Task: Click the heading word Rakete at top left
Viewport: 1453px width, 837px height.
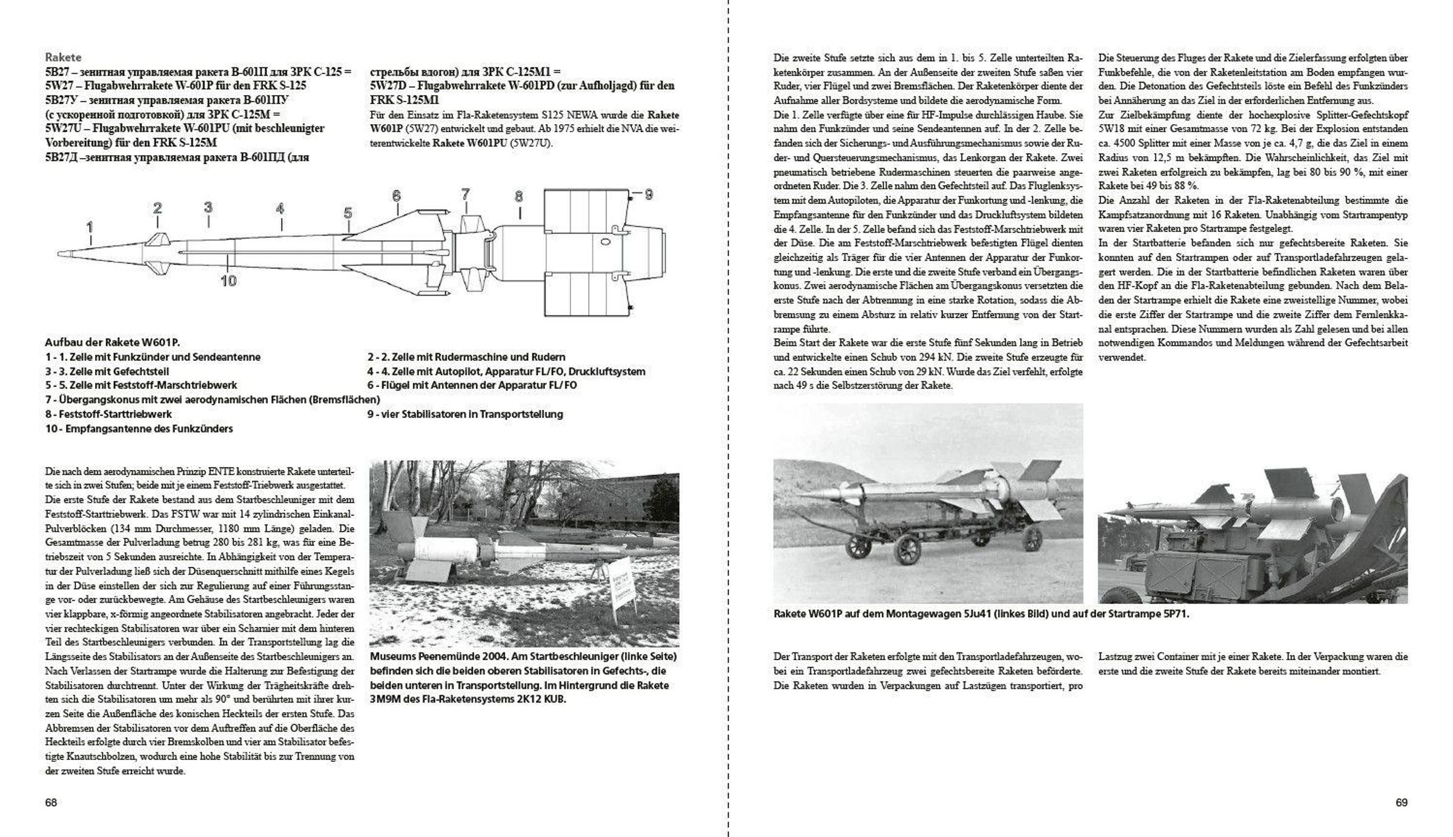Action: pos(63,58)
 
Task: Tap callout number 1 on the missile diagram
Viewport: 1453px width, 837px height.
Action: pos(90,228)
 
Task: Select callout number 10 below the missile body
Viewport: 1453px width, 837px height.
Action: pos(228,281)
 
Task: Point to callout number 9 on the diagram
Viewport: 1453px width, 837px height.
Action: pos(648,194)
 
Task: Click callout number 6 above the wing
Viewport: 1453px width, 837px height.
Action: pos(396,196)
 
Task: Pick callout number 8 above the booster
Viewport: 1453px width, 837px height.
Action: pos(519,196)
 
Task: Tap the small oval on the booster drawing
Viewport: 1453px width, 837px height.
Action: pos(604,242)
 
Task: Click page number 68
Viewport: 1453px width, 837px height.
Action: pos(51,802)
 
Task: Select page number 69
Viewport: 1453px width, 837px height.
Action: pos(1402,802)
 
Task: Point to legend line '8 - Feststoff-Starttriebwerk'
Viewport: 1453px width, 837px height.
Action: pos(109,414)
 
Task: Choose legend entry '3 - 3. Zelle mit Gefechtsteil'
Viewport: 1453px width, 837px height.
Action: pos(107,371)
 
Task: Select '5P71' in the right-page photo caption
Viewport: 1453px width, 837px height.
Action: pos(1176,614)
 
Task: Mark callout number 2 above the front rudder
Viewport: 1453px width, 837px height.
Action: pos(157,208)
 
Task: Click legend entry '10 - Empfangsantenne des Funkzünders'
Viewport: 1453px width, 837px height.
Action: pos(139,429)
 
